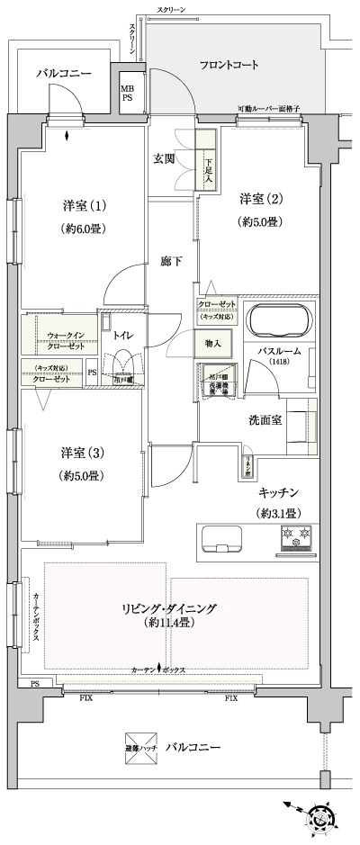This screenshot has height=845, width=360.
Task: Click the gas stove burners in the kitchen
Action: coord(297,537)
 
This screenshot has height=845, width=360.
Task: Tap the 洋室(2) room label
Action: coord(260,198)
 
